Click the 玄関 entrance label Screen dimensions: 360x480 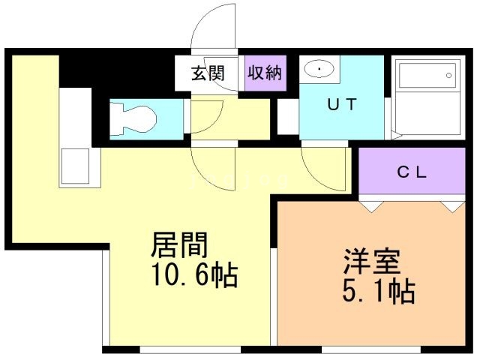[x=208, y=73]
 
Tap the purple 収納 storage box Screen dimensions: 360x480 [x=265, y=73]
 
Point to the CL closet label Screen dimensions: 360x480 [x=411, y=172]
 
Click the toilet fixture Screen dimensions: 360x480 [x=135, y=118]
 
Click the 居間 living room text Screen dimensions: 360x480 [x=179, y=246]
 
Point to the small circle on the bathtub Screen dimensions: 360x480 [x=449, y=74]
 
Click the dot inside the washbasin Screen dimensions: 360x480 [x=320, y=70]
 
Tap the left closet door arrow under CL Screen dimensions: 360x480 [x=367, y=204]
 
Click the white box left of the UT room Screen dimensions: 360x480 [x=286, y=117]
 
